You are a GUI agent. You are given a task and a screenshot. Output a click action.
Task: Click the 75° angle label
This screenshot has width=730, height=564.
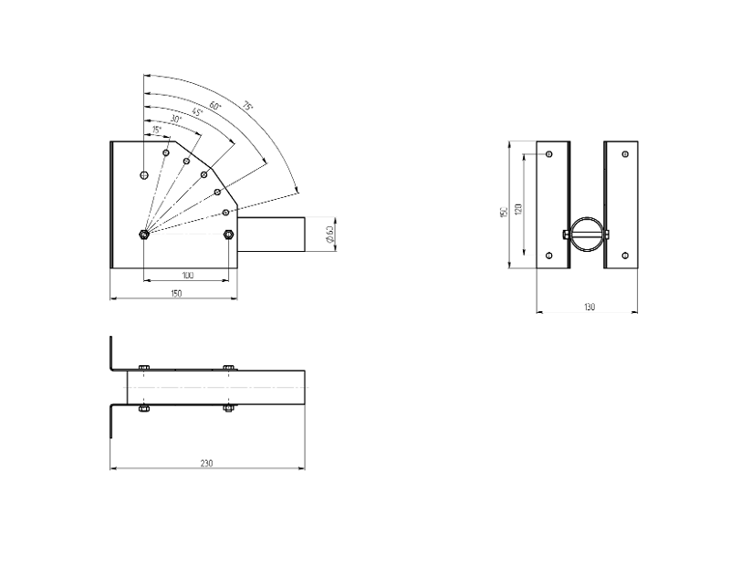click(247, 106)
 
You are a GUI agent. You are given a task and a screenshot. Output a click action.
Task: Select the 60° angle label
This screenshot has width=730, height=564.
click(215, 105)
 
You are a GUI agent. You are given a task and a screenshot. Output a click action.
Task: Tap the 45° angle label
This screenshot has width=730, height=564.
click(197, 111)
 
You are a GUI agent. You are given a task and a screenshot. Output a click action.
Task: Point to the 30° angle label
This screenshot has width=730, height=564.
click(176, 120)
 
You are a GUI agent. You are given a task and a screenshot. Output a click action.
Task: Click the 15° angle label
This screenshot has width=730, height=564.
click(156, 130)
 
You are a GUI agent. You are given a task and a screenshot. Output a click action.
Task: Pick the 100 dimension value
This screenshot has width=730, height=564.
click(187, 276)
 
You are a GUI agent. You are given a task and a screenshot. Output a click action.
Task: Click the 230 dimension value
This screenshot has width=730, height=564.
click(207, 463)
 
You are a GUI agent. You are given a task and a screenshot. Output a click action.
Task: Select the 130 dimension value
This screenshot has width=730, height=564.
click(589, 307)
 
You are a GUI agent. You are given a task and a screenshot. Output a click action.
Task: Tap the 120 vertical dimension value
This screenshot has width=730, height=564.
click(519, 209)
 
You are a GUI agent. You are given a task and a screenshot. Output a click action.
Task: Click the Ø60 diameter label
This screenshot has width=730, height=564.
click(329, 234)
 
